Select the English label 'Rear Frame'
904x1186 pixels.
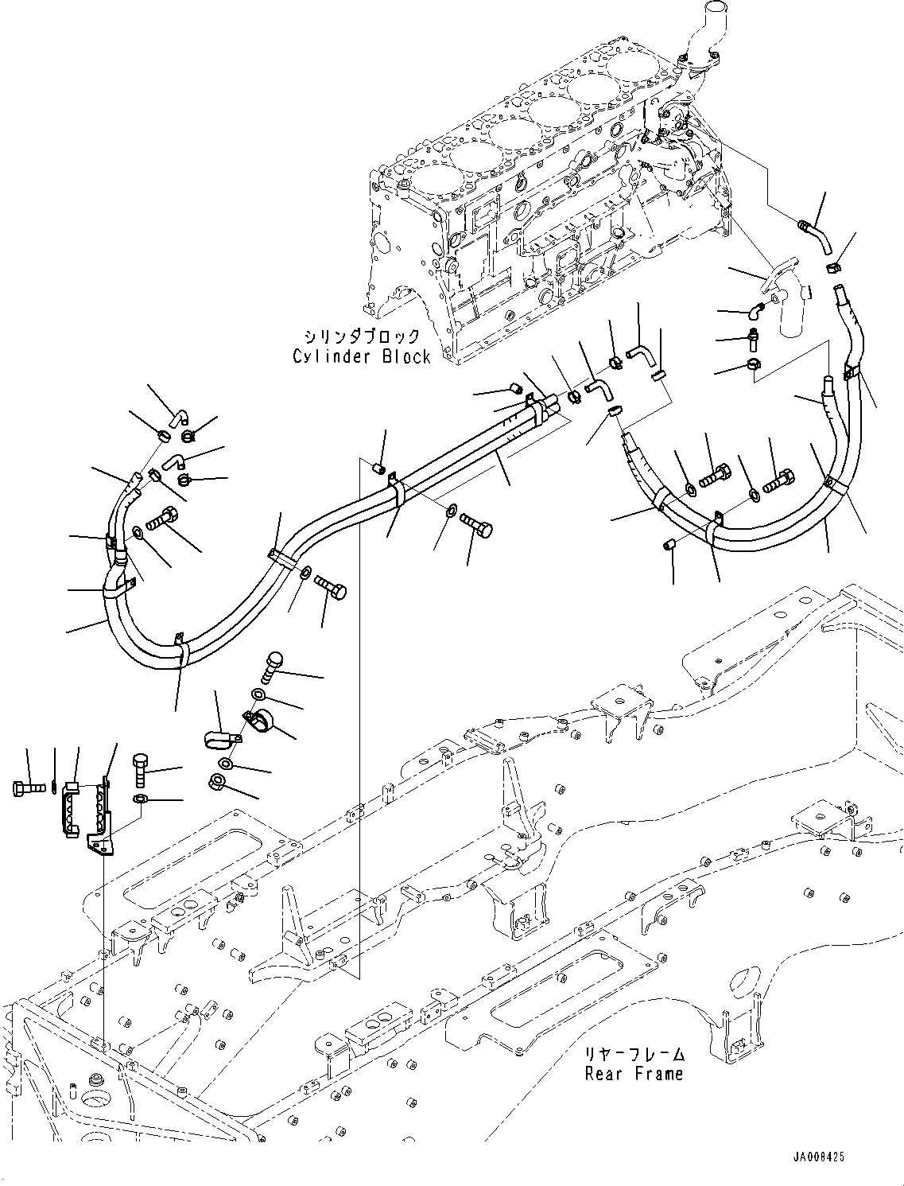634,1074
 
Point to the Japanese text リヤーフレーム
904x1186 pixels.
634,1055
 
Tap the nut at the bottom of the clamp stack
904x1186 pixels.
216,782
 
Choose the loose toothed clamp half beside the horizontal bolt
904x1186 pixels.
71,807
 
